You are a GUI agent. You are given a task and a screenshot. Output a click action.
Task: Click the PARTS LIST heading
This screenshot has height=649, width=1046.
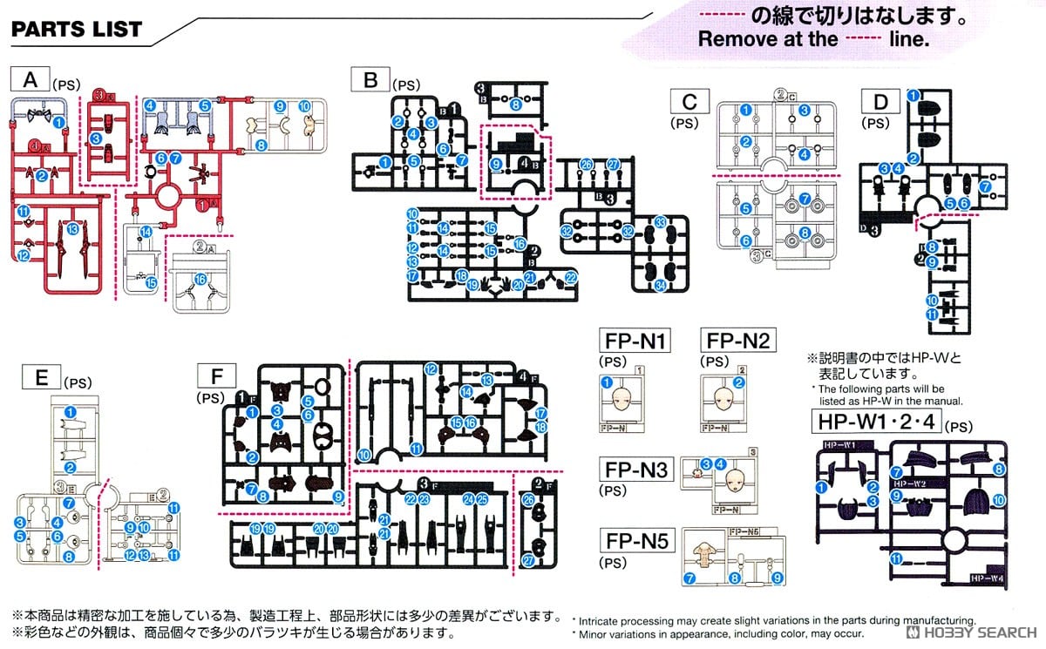[x=77, y=29]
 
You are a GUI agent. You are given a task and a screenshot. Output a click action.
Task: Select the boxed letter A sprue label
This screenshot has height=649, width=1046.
[x=31, y=81]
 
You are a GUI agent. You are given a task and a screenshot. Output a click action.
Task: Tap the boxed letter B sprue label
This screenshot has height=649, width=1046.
[x=370, y=81]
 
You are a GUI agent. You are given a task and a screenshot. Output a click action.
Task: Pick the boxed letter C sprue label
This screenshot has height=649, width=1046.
[x=689, y=102]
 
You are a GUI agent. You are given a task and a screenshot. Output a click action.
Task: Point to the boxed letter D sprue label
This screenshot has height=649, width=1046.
[x=880, y=102]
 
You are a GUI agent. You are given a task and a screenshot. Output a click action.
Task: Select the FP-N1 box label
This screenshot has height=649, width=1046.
[x=634, y=341]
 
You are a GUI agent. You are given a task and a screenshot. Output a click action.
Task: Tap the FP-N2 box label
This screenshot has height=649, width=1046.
[x=737, y=341]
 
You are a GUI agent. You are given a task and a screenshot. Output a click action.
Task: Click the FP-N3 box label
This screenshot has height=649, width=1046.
[x=634, y=470]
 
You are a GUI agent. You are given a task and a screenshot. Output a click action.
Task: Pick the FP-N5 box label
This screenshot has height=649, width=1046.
[x=634, y=542]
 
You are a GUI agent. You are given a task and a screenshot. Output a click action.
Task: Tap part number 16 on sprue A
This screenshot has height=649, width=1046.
[x=200, y=280]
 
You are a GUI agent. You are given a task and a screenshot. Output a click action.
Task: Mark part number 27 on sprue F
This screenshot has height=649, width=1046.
[x=529, y=561]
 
